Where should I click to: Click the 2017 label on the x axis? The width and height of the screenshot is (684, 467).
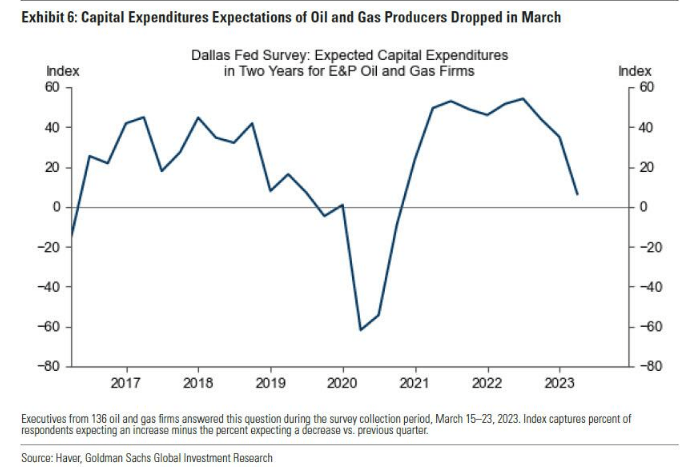[126, 383]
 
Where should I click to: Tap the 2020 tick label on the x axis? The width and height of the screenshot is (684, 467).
[343, 383]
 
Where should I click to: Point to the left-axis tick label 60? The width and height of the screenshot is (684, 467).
[54, 87]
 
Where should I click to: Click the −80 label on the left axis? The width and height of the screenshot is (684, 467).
[50, 367]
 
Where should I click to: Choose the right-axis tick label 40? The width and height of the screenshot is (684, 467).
[647, 127]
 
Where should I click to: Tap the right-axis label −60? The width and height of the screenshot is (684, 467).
[651, 327]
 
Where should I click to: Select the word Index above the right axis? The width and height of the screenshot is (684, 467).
[634, 71]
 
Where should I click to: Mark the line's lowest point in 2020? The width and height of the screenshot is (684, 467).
[360, 329]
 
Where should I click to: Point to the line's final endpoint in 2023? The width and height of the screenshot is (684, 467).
[576, 193]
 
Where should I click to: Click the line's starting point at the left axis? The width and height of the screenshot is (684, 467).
[72, 237]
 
